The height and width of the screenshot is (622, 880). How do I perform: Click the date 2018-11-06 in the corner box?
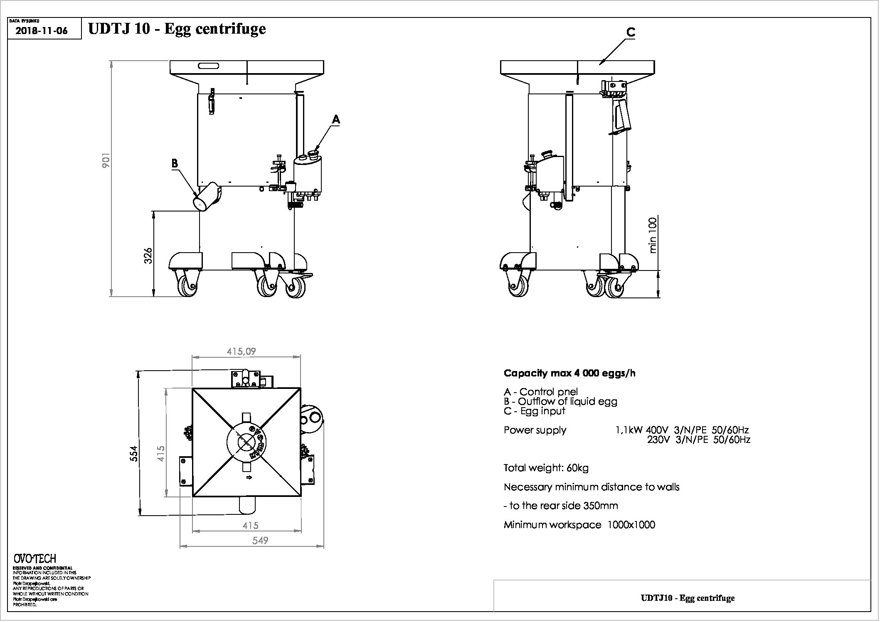41,31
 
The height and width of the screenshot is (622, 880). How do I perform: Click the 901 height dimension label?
106,160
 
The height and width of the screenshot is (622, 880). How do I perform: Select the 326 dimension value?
148,255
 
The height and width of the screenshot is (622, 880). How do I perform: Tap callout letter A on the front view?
335,120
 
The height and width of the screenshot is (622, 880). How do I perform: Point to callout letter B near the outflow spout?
175,163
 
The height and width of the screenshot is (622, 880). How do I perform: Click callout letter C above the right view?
631,32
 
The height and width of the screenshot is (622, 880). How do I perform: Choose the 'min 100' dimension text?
653,235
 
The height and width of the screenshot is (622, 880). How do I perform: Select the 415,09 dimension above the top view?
241,352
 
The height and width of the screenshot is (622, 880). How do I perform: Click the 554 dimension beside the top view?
133,453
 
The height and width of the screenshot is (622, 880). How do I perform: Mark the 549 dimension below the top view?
260,540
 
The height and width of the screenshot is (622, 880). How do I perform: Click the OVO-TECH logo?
35,558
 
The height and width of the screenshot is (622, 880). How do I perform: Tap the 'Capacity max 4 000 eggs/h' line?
569,373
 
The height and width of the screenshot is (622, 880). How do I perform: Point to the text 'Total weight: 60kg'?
546,468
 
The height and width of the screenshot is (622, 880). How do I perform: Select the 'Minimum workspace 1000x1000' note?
579,525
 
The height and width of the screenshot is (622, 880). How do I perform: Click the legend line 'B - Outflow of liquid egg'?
560,401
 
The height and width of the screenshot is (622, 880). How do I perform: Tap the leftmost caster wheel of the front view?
187,285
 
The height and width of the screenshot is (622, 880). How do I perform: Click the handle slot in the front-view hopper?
205,66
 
